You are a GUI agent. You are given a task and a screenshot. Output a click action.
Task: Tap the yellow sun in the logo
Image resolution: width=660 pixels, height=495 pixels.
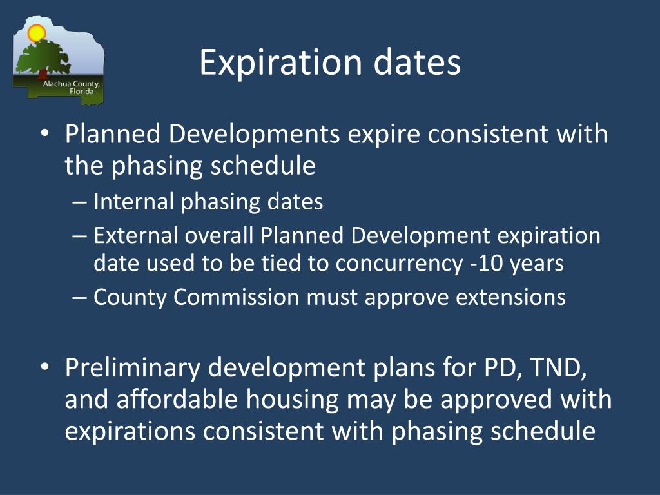37,32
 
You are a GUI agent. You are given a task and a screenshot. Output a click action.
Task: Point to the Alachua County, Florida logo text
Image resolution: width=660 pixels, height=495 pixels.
71,87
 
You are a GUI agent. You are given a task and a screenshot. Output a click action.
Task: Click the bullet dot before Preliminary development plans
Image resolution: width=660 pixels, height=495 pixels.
44,367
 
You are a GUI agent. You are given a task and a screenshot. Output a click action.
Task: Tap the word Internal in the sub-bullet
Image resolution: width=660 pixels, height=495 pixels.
133,202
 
